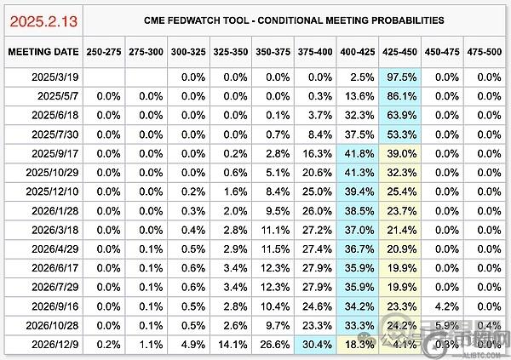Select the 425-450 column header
click(x=401, y=51)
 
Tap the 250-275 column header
click(x=103, y=51)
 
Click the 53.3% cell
click(x=401, y=135)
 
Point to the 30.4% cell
click(x=316, y=345)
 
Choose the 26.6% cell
click(x=273, y=345)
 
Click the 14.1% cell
click(x=231, y=345)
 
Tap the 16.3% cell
click(x=316, y=155)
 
